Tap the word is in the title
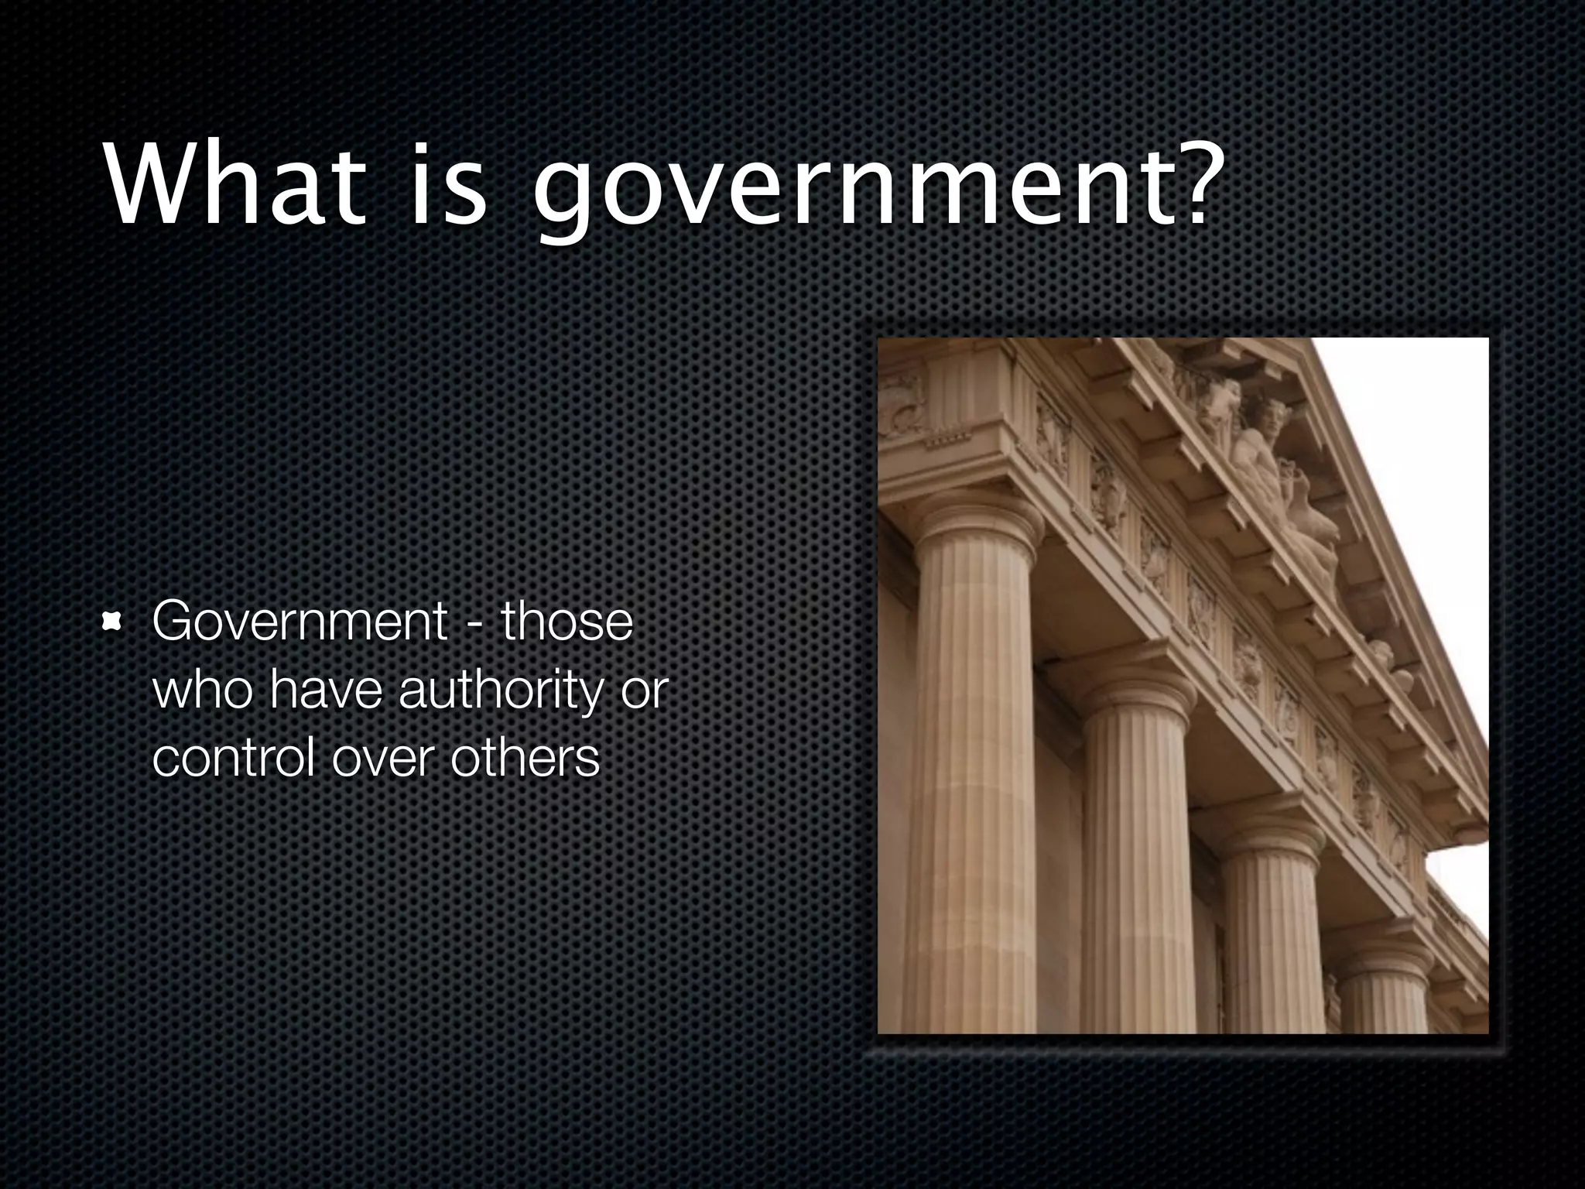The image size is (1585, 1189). click(x=449, y=185)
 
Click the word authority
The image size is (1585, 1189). click(x=499, y=690)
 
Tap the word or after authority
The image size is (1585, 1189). click(x=644, y=690)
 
